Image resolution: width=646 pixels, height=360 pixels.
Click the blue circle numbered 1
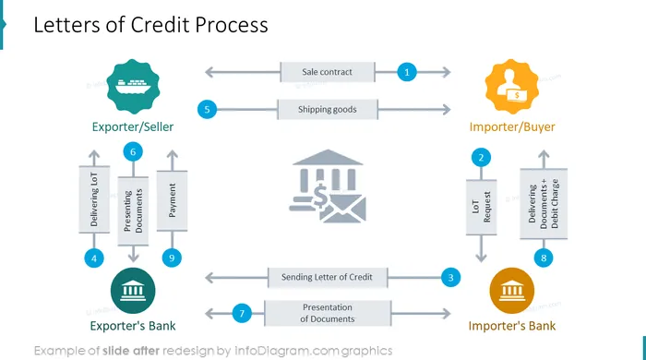tap(407, 72)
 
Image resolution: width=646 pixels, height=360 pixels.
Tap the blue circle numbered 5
tap(207, 110)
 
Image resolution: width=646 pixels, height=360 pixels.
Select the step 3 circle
tap(450, 277)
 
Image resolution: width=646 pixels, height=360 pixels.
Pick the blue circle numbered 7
tap(242, 313)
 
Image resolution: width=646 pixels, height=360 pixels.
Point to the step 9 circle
tap(172, 258)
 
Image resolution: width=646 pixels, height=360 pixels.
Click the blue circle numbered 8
tap(544, 258)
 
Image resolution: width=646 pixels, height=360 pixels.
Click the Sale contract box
tap(328, 72)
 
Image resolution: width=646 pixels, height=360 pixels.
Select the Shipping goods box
tap(328, 110)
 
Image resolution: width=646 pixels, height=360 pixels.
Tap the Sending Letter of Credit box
tap(328, 277)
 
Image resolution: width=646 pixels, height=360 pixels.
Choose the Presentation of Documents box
tap(328, 313)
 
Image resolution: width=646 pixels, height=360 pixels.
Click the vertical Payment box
tap(173, 200)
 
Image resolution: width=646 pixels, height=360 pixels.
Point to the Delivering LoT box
tap(94, 199)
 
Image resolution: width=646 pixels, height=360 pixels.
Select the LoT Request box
tap(481, 207)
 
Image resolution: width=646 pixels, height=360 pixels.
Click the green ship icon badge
tap(133, 87)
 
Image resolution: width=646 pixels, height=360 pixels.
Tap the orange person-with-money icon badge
tap(511, 87)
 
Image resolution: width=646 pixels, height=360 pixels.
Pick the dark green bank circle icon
tap(133, 291)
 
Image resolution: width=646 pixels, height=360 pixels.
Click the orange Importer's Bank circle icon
tap(511, 291)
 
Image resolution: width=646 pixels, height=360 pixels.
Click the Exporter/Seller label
tap(133, 126)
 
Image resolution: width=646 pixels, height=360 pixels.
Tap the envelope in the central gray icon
tap(343, 210)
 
